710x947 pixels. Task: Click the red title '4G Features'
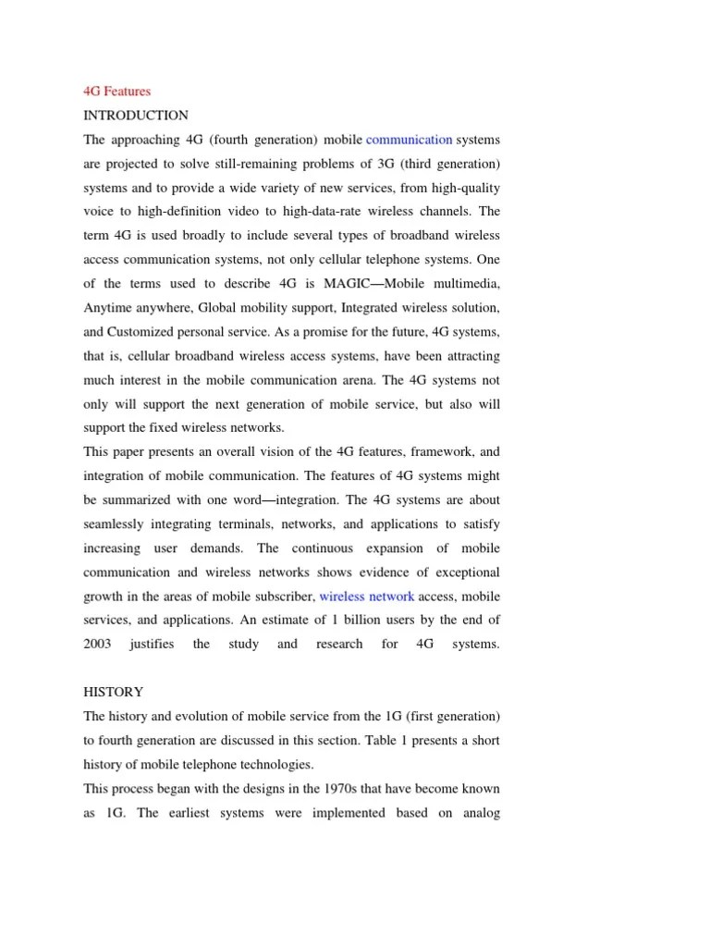coord(116,92)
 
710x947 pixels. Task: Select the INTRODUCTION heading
coord(136,116)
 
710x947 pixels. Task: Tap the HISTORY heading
coord(114,692)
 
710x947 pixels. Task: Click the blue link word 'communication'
coord(409,140)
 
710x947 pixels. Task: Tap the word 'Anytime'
coord(110,308)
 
